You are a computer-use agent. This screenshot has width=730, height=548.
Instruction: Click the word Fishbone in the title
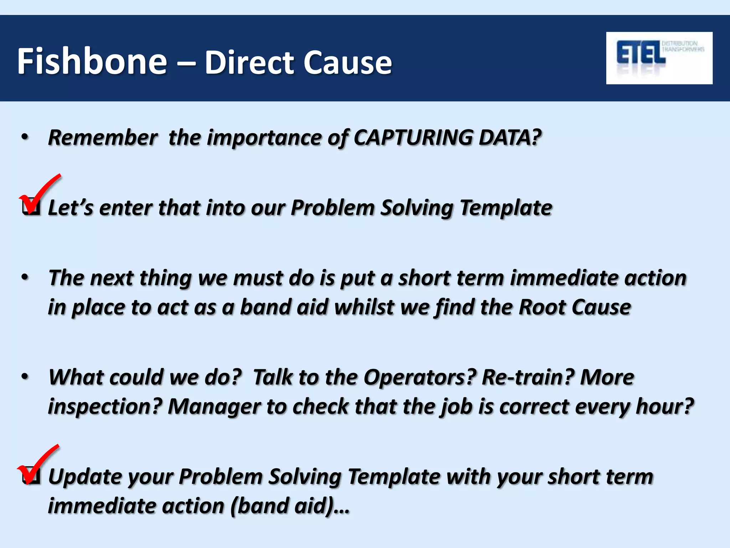[x=92, y=61]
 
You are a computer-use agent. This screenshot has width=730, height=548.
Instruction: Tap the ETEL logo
[x=659, y=58]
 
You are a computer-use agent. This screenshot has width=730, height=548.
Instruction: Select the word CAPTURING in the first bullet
[x=413, y=137]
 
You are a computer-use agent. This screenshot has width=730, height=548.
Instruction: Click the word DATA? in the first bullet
[x=510, y=137]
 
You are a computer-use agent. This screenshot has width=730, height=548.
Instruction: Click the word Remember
[x=102, y=137]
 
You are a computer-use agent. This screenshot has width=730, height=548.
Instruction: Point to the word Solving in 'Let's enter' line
[x=417, y=208]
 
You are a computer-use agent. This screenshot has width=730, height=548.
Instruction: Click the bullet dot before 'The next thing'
[x=25, y=277]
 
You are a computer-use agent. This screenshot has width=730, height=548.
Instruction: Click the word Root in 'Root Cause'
[x=542, y=307]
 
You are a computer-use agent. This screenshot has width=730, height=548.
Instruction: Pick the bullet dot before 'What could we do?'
[x=25, y=377]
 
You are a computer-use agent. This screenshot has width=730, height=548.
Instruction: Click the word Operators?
[x=420, y=377]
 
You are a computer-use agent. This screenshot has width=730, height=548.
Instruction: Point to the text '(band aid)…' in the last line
[x=290, y=506]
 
